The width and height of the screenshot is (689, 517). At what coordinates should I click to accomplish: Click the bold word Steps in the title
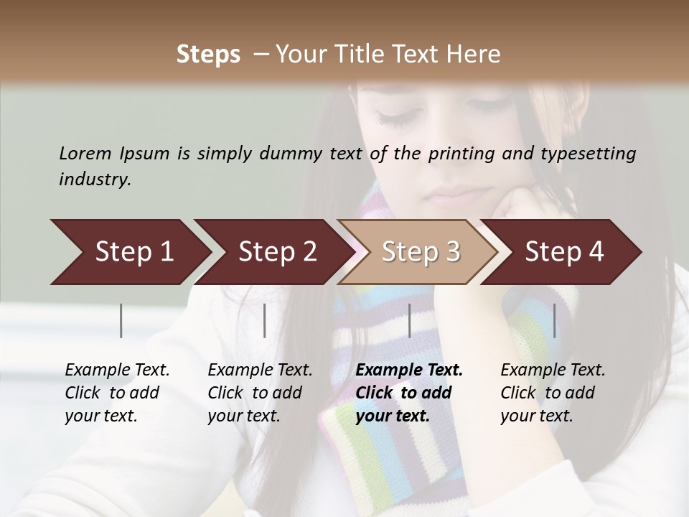click(208, 55)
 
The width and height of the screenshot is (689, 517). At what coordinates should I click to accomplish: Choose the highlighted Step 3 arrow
click(421, 252)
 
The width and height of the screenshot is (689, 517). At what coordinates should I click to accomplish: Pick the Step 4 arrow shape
click(564, 252)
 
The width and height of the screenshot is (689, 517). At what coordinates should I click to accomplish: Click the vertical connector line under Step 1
click(121, 320)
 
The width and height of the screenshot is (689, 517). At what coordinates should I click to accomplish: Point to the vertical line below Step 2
click(265, 320)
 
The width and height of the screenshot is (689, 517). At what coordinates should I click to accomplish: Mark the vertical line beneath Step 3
click(409, 320)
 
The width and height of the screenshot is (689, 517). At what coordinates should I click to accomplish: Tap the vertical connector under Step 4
click(554, 320)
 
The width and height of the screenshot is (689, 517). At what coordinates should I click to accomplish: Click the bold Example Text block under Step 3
click(409, 393)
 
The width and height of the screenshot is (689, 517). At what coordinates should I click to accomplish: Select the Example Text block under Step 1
click(117, 393)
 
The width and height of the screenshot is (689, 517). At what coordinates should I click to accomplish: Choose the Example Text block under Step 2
click(260, 393)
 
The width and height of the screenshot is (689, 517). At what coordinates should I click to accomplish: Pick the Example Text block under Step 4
click(553, 393)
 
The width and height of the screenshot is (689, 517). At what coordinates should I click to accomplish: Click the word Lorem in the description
click(85, 154)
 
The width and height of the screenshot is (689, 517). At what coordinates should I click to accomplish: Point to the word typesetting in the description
click(588, 154)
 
